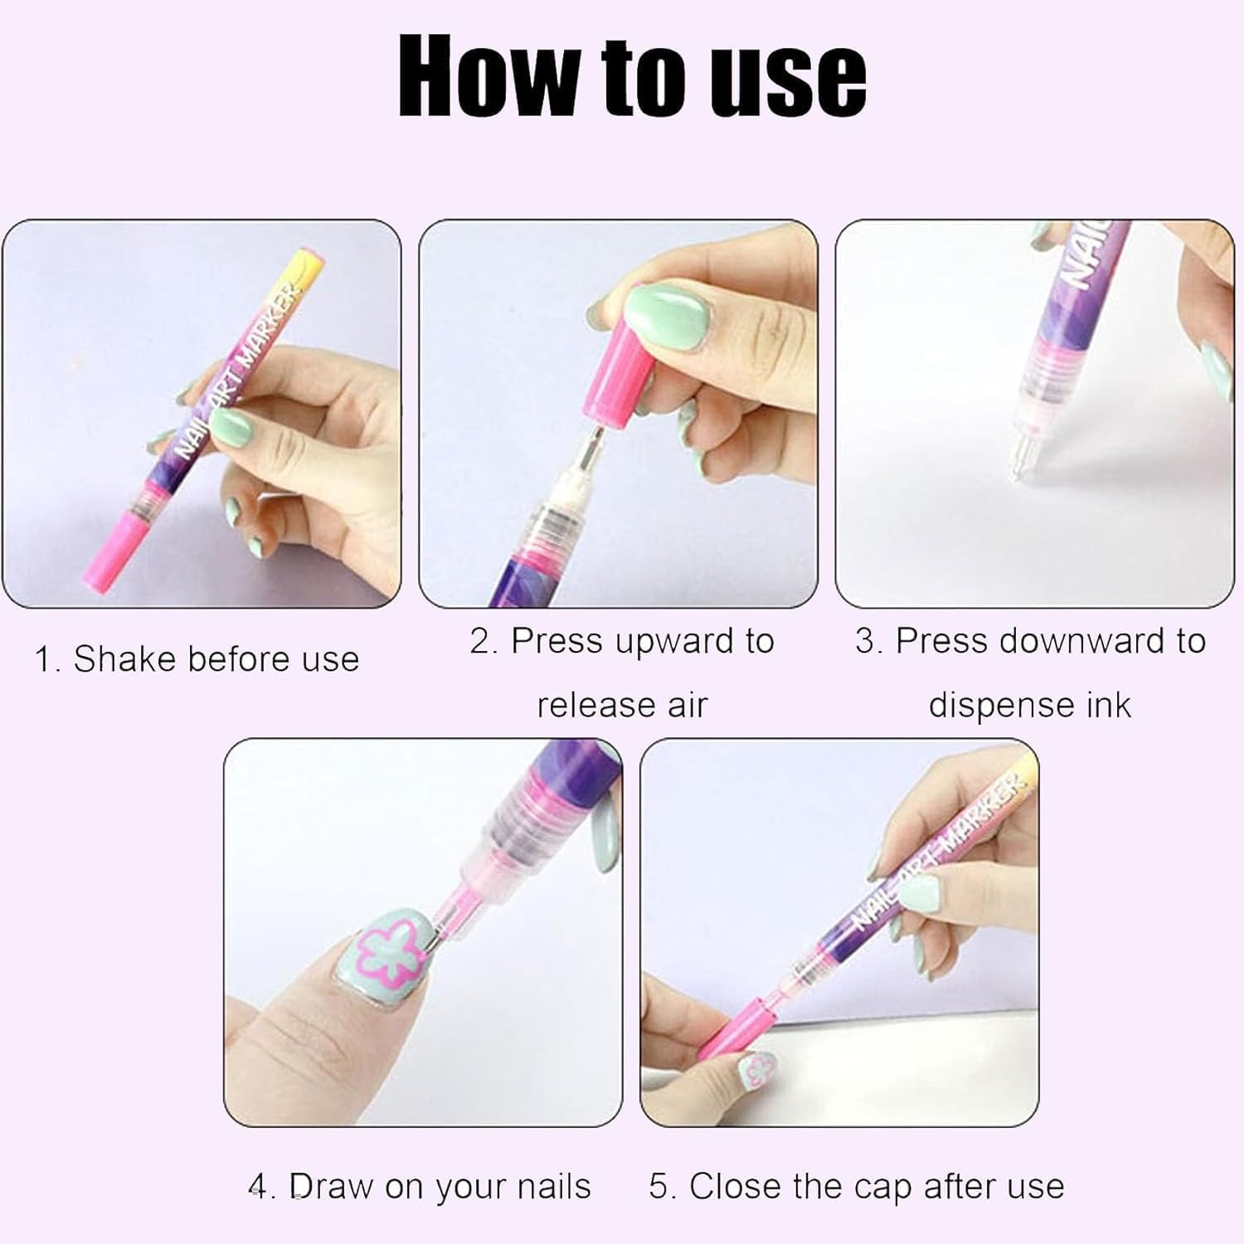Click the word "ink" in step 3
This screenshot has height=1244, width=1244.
click(x=1110, y=705)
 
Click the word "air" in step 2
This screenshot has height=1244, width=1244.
click(x=688, y=705)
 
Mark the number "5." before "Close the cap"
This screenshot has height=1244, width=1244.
click(x=663, y=1187)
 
